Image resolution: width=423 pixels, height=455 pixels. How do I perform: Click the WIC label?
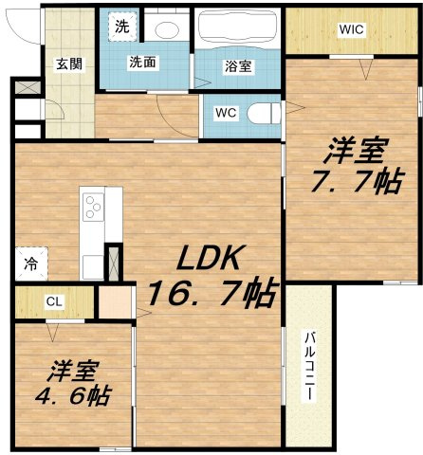(352, 29)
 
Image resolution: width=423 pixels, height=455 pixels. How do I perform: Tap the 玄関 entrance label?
(69, 64)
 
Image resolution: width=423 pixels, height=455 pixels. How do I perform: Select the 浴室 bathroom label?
(238, 66)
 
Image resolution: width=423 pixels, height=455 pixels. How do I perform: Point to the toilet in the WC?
(264, 114)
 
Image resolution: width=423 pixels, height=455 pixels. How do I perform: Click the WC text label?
(226, 113)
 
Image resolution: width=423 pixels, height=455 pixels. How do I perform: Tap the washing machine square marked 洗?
(122, 27)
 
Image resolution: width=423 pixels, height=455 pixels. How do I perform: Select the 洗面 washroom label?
(142, 62)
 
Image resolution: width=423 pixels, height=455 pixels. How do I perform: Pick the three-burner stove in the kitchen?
(93, 207)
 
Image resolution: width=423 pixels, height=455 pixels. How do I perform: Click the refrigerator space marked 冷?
(31, 264)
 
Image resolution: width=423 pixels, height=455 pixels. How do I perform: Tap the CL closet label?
(54, 301)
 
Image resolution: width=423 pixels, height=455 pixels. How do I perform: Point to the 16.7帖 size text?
(212, 295)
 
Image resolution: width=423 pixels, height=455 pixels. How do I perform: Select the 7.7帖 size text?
(357, 180)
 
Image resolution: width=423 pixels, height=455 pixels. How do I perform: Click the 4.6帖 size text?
(73, 394)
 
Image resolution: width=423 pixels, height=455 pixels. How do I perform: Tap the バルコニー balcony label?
(309, 366)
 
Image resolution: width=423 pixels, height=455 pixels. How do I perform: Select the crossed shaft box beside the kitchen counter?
(114, 263)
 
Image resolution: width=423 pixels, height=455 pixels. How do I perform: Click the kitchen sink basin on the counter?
(93, 266)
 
